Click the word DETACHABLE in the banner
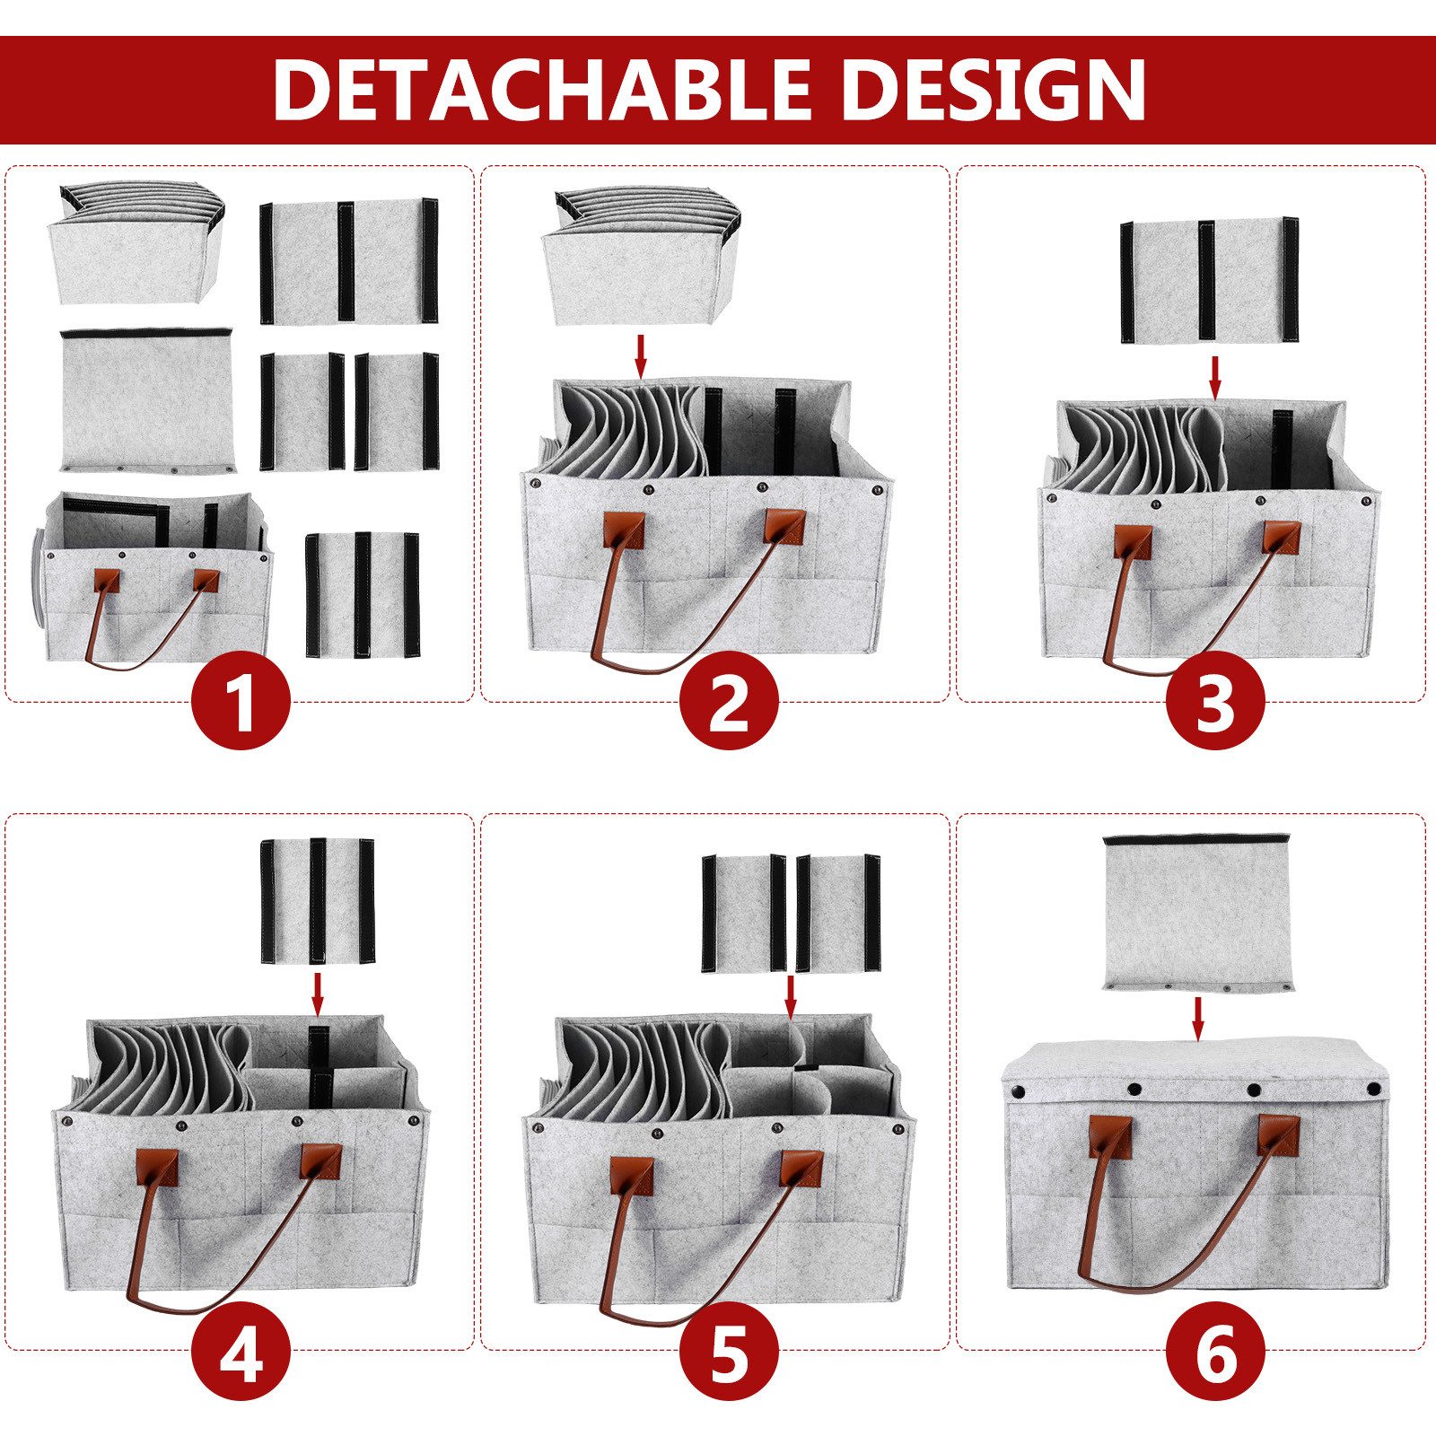543,89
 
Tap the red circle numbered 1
241,701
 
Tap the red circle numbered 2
728,701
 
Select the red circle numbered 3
1215,701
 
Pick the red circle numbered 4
241,1350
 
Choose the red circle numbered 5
728,1350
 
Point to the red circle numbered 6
1215,1350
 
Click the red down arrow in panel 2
640,355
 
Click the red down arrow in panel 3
1215,378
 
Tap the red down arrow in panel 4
317,990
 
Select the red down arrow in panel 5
791,997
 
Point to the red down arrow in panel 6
1196,1018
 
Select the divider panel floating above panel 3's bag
1209,280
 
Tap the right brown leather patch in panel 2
784,525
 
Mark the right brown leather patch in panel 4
320,1161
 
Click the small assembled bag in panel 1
157,577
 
